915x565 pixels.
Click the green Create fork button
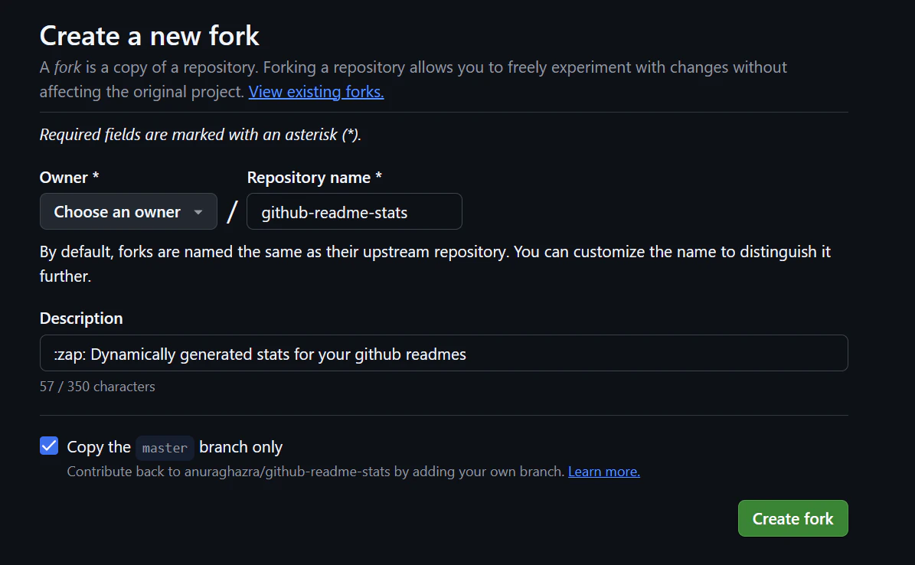pos(792,518)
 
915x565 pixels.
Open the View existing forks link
pos(316,92)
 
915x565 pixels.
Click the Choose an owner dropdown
pos(129,211)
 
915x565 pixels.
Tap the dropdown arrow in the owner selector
pos(198,212)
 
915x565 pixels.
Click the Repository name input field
pos(355,211)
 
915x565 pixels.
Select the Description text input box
pos(443,353)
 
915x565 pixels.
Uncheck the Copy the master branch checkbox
pos(49,446)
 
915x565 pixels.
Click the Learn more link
pos(604,472)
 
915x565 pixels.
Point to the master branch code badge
pos(165,448)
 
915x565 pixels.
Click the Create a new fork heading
pos(149,36)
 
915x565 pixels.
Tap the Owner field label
pos(70,178)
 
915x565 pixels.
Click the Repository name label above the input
pos(315,178)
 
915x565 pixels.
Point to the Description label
pos(81,318)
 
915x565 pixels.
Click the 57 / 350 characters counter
pos(97,387)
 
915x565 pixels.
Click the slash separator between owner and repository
pos(232,211)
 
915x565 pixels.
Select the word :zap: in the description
pos(70,354)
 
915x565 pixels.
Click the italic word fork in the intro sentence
pos(67,67)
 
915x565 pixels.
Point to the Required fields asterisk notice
pos(201,135)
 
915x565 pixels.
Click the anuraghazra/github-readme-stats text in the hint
pos(287,472)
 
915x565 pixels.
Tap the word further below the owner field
pos(65,276)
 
